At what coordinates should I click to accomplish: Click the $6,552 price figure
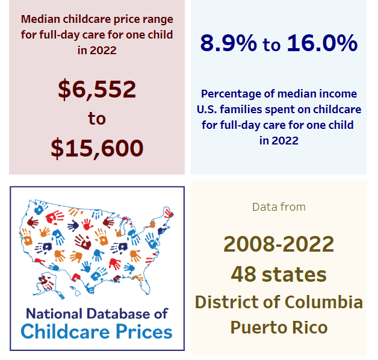(97, 89)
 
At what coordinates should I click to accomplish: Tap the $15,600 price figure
(97, 147)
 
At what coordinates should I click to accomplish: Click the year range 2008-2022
(279, 244)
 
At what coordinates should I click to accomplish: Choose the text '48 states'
(279, 274)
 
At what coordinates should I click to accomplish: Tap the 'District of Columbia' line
(279, 301)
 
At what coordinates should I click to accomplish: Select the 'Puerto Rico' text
(279, 327)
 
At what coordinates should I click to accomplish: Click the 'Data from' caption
(279, 207)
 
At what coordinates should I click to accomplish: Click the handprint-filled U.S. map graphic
(96, 244)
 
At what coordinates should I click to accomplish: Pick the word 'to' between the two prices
(97, 119)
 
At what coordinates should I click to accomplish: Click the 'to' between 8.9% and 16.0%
(271, 45)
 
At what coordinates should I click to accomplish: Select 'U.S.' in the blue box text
(210, 110)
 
